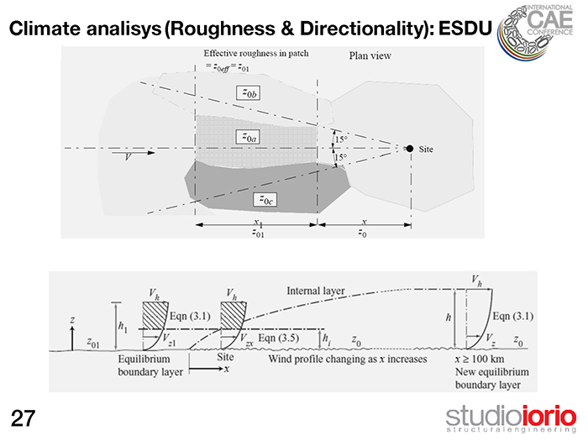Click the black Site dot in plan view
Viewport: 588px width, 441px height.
pos(409,149)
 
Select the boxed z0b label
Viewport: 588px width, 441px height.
pos(249,94)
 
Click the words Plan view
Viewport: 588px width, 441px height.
pos(368,55)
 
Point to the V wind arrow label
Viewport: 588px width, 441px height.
pos(129,158)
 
